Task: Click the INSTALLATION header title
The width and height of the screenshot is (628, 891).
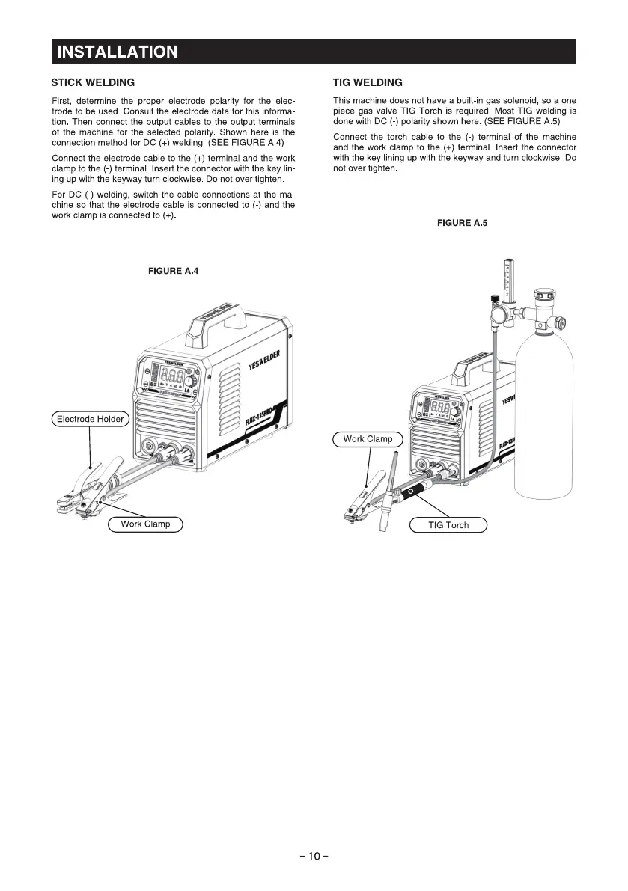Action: click(x=118, y=52)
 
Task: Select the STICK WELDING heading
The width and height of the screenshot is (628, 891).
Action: click(x=93, y=82)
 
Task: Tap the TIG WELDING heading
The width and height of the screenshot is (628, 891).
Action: click(x=368, y=82)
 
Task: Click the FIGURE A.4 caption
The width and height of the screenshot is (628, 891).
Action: click(x=174, y=272)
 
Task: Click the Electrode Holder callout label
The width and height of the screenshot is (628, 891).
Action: click(x=91, y=419)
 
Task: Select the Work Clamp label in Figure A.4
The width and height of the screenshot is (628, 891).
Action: click(x=146, y=524)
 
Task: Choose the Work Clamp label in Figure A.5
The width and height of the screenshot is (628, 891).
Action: click(x=368, y=439)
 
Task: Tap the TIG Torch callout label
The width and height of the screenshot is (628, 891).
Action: click(x=448, y=525)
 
